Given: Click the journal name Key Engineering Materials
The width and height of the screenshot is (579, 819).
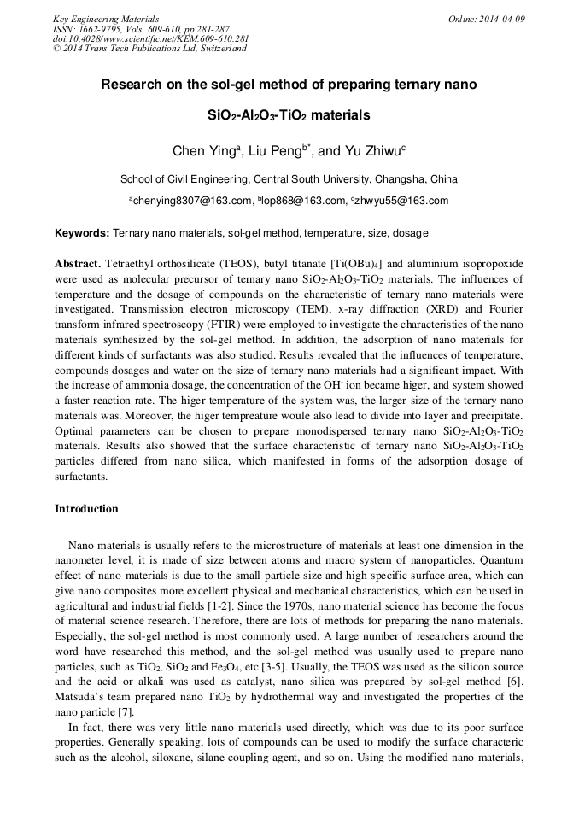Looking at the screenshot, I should [x=106, y=19].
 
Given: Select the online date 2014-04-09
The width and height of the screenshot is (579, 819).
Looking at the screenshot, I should [x=500, y=19].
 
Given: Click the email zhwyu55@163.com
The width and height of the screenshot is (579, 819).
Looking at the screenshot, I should [x=401, y=202].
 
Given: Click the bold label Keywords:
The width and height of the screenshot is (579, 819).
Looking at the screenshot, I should [x=83, y=233].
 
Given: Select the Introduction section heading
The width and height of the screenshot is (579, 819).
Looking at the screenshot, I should [x=86, y=509].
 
